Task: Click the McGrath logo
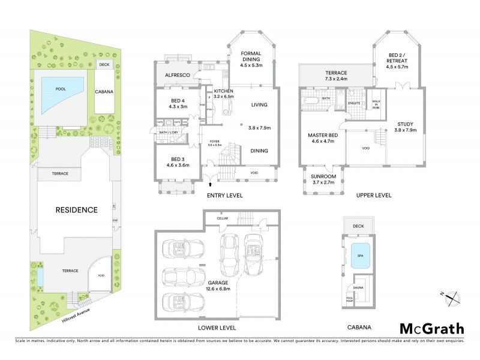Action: tap(431, 328)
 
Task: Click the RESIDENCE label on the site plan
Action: tap(76, 210)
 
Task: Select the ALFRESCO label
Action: tap(173, 76)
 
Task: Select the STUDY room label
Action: tap(404, 124)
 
